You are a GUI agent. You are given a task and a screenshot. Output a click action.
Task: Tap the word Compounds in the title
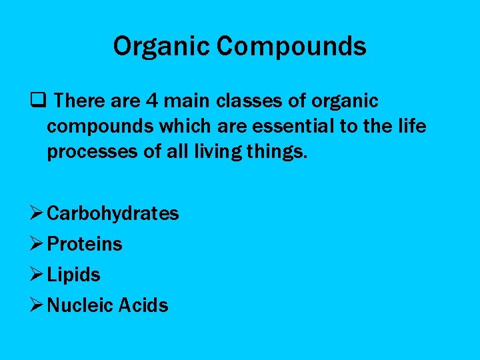pos(292,47)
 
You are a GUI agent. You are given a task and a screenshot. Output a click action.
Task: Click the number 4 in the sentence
pos(153,101)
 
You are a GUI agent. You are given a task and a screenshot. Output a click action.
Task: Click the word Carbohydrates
pos(113,213)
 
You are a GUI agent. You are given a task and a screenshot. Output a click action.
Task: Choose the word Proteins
pos(85,244)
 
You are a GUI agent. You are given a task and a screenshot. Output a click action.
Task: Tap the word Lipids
pos(74,275)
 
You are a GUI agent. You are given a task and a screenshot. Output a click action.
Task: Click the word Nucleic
pos(81,305)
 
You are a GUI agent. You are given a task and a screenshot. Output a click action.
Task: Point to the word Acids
pos(144,305)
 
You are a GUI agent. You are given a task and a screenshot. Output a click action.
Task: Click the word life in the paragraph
pos(413,127)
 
